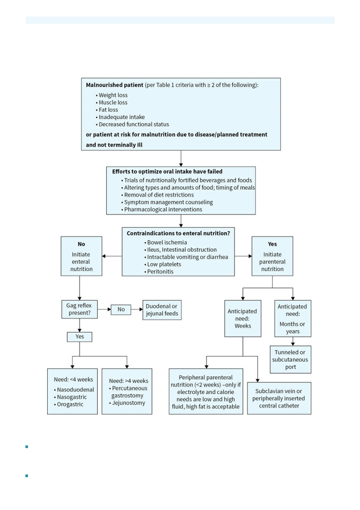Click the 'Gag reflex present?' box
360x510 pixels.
pyautogui.click(x=79, y=309)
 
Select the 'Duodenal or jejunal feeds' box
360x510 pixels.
pyautogui.click(x=162, y=310)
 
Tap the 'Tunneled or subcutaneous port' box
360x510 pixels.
pyautogui.click(x=290, y=360)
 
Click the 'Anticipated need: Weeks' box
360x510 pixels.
pyautogui.click(x=243, y=318)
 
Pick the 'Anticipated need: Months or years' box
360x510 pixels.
pyautogui.click(x=293, y=318)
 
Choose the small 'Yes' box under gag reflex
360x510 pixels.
pyautogui.click(x=79, y=337)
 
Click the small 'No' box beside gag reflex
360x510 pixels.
pyautogui.click(x=121, y=310)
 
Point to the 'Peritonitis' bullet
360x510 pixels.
pyautogui.click(x=159, y=272)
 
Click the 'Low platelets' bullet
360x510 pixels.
pyautogui.click(x=162, y=264)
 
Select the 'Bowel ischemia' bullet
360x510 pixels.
pyautogui.click(x=165, y=243)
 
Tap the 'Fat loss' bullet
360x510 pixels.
pyautogui.click(x=107, y=110)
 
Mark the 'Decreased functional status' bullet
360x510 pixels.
pyautogui.click(x=132, y=124)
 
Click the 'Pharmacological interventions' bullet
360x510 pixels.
pyautogui.click(x=161, y=209)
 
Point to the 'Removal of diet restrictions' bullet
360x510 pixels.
pyautogui.click(x=158, y=195)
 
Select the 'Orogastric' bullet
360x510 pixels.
pyautogui.click(x=68, y=404)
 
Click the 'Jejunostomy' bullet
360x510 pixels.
pyautogui.click(x=127, y=403)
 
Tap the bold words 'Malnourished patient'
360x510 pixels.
pyautogui.click(x=114, y=85)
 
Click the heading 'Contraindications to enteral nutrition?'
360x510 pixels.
pyautogui.click(x=178, y=233)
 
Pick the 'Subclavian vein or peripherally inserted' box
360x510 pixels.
pyautogui.click(x=279, y=398)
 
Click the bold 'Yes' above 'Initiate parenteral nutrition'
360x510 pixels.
pyautogui.click(x=272, y=244)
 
